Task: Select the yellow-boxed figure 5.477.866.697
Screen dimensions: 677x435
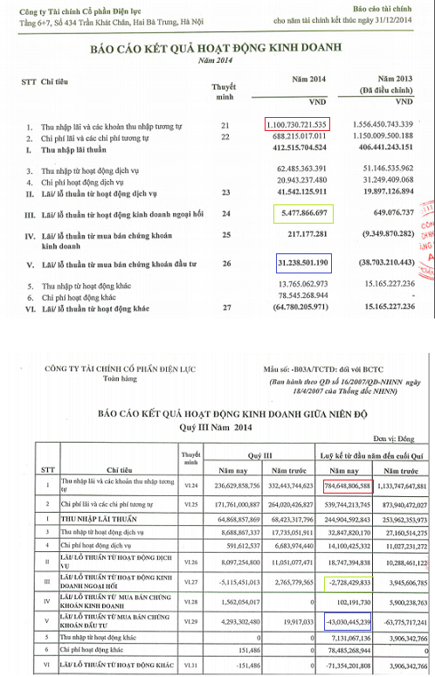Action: [297, 211]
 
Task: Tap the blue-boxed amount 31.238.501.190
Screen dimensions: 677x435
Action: [297, 261]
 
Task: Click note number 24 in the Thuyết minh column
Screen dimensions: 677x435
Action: [227, 211]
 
